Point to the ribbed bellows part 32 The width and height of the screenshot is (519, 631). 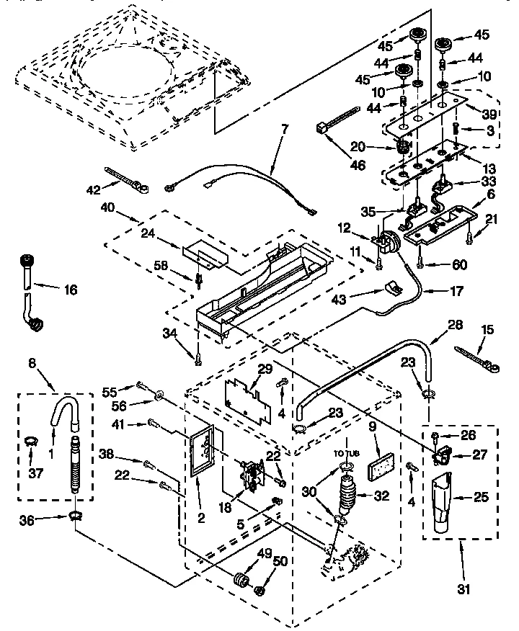(347, 496)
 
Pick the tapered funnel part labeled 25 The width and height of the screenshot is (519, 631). (442, 506)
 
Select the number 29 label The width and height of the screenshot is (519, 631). (265, 369)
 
